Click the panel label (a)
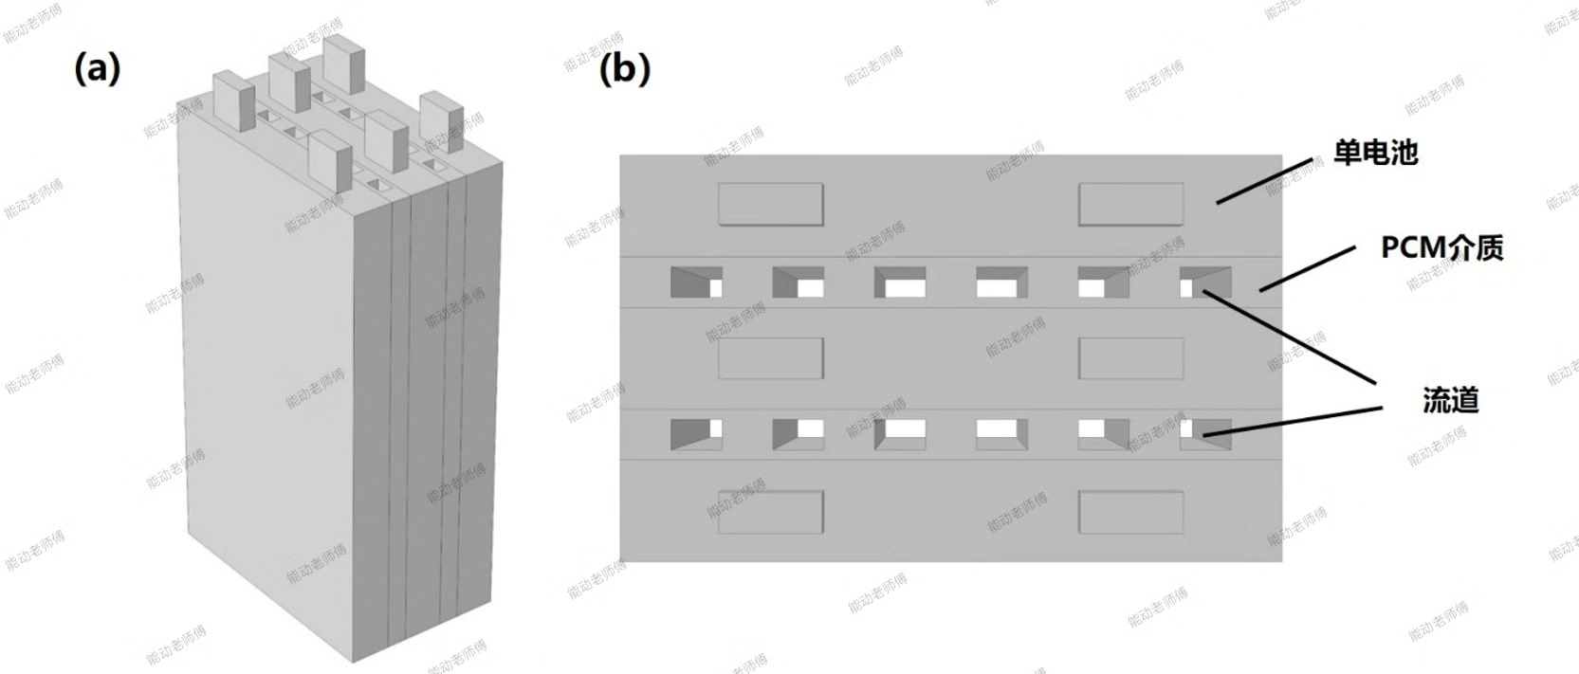(x=98, y=69)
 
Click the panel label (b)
(x=625, y=69)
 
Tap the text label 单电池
(x=1375, y=152)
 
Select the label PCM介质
(x=1441, y=248)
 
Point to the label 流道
(x=1450, y=401)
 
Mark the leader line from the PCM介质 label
(x=1308, y=269)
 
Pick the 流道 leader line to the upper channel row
(x=1289, y=337)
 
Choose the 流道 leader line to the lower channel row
(x=1293, y=421)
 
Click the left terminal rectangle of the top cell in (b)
(x=770, y=204)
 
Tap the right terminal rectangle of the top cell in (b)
(x=1131, y=204)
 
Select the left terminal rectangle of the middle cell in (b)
(x=770, y=358)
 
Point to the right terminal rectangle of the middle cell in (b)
(x=1131, y=358)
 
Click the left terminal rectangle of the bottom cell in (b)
(x=770, y=512)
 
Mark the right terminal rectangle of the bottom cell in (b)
(x=1131, y=512)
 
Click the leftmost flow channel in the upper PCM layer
(x=696, y=282)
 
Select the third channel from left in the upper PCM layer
(x=900, y=282)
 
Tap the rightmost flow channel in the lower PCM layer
(x=1206, y=434)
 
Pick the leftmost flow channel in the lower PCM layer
(x=696, y=434)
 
